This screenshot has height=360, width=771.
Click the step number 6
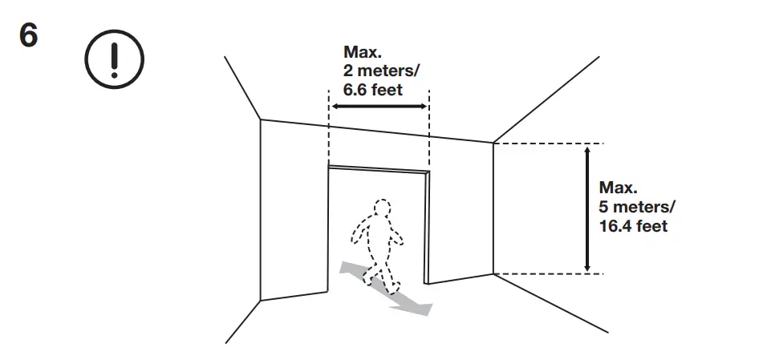coord(28,36)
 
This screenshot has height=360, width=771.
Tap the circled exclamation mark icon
coord(114,59)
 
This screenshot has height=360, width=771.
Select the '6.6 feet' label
coord(373,87)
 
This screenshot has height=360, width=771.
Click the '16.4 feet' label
coord(633,227)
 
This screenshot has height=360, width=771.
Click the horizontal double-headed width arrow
coord(379,107)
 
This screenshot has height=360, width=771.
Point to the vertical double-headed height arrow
coord(588,208)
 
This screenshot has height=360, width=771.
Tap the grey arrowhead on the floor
coord(418,307)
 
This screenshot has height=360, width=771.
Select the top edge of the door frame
coord(379,168)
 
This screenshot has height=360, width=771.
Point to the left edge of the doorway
coord(329,233)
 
